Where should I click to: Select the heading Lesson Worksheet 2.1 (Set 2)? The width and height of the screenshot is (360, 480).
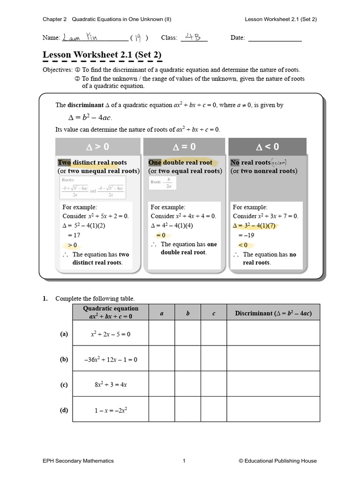[102, 55]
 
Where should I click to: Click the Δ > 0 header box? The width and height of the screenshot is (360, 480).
[98, 147]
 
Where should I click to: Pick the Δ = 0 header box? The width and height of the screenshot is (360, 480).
[184, 147]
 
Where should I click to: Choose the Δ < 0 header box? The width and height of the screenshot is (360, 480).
[267, 147]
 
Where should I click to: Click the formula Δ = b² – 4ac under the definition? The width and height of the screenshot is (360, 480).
[88, 117]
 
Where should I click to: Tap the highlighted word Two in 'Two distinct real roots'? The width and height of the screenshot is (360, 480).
[64, 163]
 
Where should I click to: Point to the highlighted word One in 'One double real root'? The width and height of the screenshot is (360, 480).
[155, 163]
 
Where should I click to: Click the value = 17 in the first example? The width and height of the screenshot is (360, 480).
[74, 235]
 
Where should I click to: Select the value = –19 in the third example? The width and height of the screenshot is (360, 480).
[246, 235]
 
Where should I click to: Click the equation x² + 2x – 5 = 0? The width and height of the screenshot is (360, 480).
[111, 334]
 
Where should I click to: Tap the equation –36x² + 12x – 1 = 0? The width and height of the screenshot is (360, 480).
[111, 360]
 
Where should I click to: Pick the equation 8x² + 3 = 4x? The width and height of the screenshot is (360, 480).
[111, 385]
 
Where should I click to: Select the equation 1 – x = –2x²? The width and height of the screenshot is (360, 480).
[111, 410]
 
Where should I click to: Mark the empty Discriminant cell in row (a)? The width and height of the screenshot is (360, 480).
[273, 334]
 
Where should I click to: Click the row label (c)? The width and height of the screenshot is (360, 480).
[64, 385]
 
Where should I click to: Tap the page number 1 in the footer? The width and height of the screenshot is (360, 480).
[184, 461]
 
